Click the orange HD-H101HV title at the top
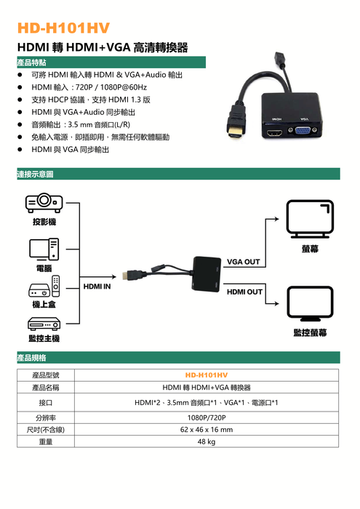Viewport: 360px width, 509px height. pyautogui.click(x=63, y=28)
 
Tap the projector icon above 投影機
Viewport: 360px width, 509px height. pyautogui.click(x=44, y=203)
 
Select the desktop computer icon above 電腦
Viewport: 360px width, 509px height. pyautogui.click(x=44, y=249)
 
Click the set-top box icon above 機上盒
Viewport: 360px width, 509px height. pyautogui.click(x=44, y=286)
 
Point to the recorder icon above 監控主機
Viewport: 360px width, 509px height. pyautogui.click(x=44, y=324)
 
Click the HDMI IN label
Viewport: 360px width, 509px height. pyautogui.click(x=97, y=286)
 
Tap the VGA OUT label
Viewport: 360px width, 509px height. pyautogui.click(x=244, y=262)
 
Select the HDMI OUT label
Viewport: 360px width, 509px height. pyautogui.click(x=244, y=292)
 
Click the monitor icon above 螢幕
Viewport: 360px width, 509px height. pyautogui.click(x=310, y=219)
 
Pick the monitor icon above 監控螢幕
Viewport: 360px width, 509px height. pyautogui.click(x=310, y=303)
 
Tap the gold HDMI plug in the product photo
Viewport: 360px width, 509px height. pyautogui.click(x=235, y=133)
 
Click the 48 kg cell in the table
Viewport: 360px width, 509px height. pyautogui.click(x=207, y=441)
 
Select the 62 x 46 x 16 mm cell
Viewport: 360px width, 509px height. pyautogui.click(x=207, y=430)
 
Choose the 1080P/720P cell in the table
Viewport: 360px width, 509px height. pyautogui.click(x=207, y=417)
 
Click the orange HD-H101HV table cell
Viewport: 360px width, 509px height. pyautogui.click(x=207, y=375)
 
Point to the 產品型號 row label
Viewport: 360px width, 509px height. pyautogui.click(x=46, y=375)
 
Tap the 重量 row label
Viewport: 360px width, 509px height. pyautogui.click(x=46, y=441)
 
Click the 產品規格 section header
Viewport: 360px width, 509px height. pyautogui.click(x=31, y=358)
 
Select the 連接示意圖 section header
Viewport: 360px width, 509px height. pyautogui.click(x=35, y=175)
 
